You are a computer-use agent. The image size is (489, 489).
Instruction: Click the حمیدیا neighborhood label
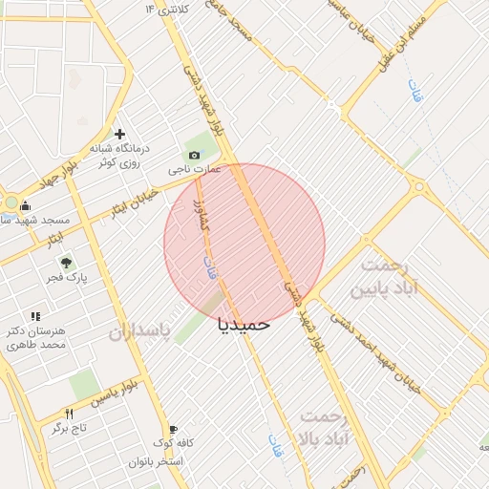tap(244, 324)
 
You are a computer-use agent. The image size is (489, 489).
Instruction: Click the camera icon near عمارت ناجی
tap(195, 155)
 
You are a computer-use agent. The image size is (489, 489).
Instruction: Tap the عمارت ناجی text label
tap(195, 170)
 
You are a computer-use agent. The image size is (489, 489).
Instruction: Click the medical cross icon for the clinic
tap(119, 134)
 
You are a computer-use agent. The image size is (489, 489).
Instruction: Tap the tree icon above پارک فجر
tap(66, 262)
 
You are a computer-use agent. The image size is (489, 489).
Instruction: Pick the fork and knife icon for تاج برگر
tap(69, 414)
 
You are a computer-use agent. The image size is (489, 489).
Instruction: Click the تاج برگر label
tap(69, 429)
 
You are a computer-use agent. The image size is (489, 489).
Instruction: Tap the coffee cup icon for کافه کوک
tap(173, 430)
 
